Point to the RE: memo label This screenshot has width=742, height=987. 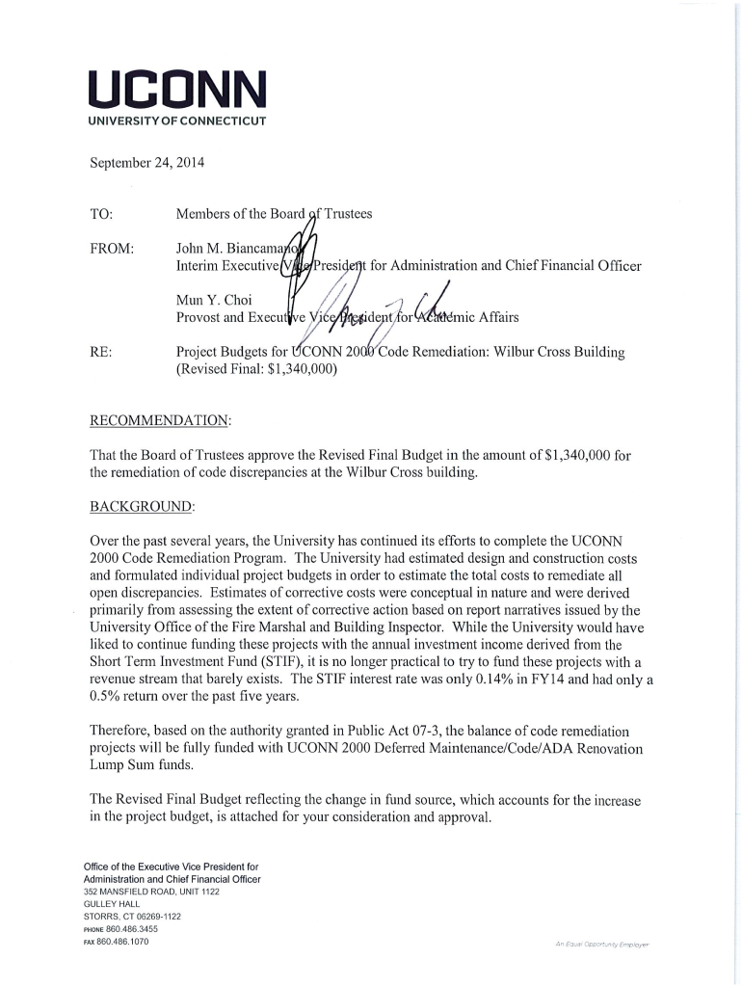tap(100, 353)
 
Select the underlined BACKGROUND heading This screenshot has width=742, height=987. tap(142, 506)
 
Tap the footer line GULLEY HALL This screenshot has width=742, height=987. tap(113, 903)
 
